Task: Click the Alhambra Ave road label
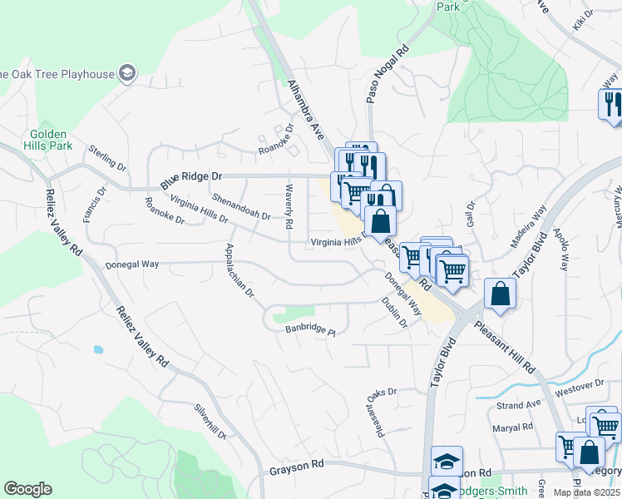305,108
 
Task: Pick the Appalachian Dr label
239,272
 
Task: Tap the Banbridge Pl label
310,330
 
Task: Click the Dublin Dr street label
395,312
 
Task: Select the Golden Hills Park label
51,140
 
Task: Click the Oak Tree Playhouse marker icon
127,74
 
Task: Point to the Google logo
27,489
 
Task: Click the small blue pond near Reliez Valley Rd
98,350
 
